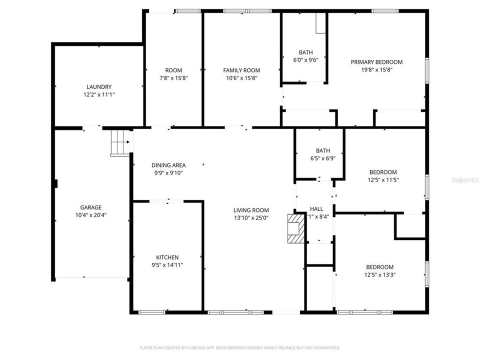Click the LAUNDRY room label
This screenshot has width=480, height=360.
pyautogui.click(x=98, y=86)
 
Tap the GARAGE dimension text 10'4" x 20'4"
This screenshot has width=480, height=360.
pyautogui.click(x=90, y=215)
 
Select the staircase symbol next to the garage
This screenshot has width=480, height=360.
pyautogui.click(x=120, y=142)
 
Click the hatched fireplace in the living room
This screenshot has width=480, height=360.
pyautogui.click(x=295, y=228)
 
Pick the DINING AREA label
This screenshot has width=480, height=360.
pyautogui.click(x=168, y=165)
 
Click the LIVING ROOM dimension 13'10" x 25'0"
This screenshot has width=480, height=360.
pyautogui.click(x=251, y=218)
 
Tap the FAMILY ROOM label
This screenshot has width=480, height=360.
pyautogui.click(x=241, y=70)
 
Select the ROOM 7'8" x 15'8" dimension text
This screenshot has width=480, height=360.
pyautogui.click(x=173, y=78)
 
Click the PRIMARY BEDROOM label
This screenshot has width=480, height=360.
pyautogui.click(x=376, y=62)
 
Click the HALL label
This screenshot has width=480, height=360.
pyautogui.click(x=316, y=208)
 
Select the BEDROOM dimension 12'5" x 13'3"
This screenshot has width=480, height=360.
pyautogui.click(x=379, y=275)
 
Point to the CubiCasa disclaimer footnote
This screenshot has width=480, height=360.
pyautogui.click(x=240, y=347)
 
